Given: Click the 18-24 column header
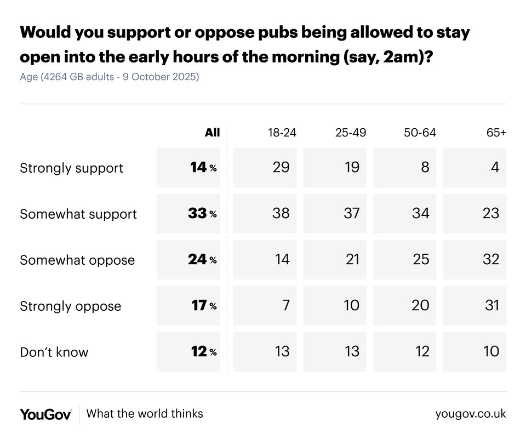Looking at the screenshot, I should [x=282, y=133].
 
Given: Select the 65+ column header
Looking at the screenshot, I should [x=495, y=133].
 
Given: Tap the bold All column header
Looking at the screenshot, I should [x=212, y=133].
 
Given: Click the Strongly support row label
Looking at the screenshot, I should [x=71, y=168].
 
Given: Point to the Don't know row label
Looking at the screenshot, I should [x=54, y=352].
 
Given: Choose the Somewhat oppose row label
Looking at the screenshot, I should [x=77, y=260].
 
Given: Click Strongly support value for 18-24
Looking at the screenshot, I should [x=281, y=167].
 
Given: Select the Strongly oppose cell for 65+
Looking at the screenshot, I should [x=492, y=305].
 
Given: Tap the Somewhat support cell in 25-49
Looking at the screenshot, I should [x=351, y=213].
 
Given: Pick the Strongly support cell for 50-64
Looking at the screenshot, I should [x=425, y=167].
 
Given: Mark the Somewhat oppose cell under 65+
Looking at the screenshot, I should [x=491, y=259].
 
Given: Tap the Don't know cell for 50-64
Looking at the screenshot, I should [x=422, y=351].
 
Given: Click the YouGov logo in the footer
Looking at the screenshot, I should [x=45, y=414].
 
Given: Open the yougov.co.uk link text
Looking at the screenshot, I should [x=471, y=414].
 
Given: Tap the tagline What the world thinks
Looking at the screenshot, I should [x=145, y=414].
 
